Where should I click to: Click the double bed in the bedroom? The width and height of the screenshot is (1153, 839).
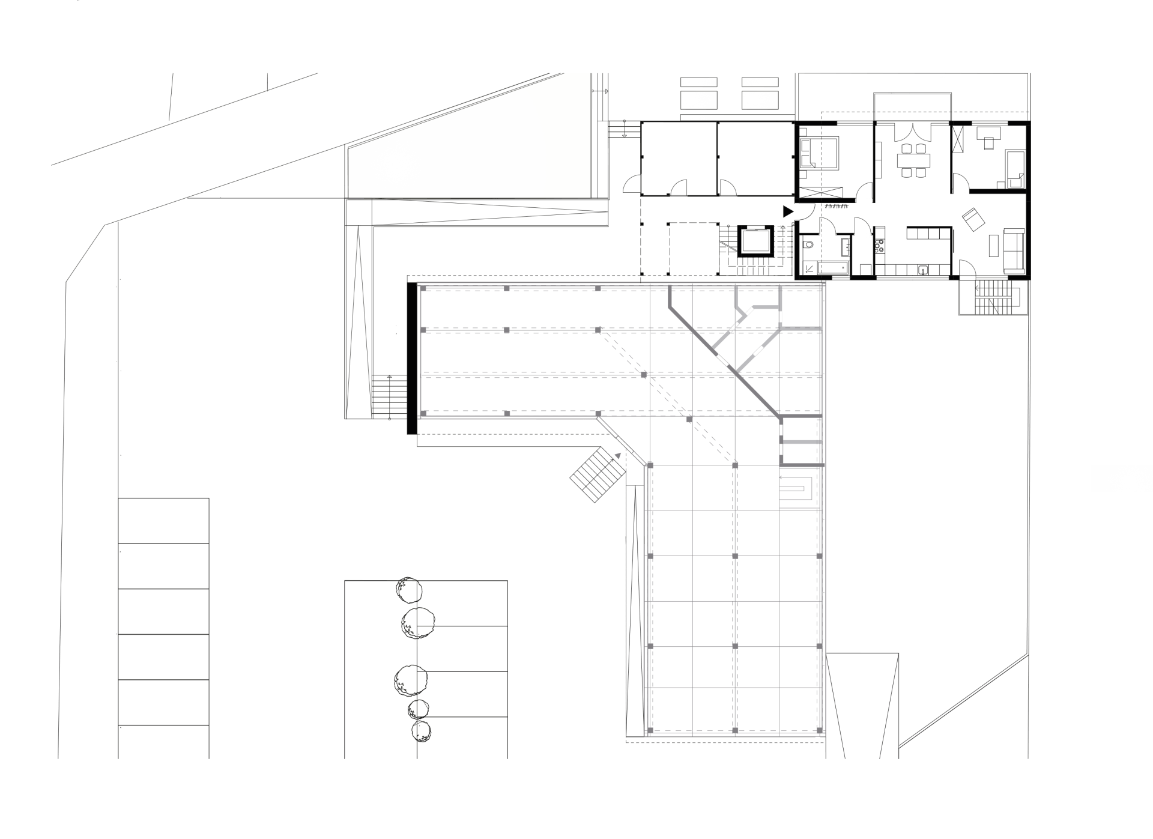pyautogui.click(x=822, y=153)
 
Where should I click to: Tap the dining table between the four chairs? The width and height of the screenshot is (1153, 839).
pyautogui.click(x=913, y=160)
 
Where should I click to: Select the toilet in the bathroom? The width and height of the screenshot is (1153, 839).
pyautogui.click(x=809, y=244)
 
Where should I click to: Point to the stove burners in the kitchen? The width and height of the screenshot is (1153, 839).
pyautogui.click(x=880, y=245)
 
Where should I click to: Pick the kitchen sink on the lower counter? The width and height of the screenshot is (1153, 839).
pyautogui.click(x=923, y=270)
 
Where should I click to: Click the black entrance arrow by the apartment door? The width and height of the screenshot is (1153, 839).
pyautogui.click(x=788, y=211)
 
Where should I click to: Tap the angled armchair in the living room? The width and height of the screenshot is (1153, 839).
pyautogui.click(x=973, y=219)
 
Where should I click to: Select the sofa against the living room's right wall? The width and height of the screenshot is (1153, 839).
pyautogui.click(x=1014, y=250)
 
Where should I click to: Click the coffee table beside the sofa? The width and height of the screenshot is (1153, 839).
pyautogui.click(x=993, y=245)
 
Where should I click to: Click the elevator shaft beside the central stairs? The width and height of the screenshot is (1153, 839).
pyautogui.click(x=755, y=241)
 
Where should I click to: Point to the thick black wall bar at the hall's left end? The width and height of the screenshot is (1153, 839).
pyautogui.click(x=412, y=358)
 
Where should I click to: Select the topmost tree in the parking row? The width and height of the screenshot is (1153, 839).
pyautogui.click(x=409, y=590)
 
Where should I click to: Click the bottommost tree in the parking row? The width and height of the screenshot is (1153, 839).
pyautogui.click(x=421, y=731)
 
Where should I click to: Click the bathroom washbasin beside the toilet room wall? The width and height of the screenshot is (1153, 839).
pyautogui.click(x=845, y=246)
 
